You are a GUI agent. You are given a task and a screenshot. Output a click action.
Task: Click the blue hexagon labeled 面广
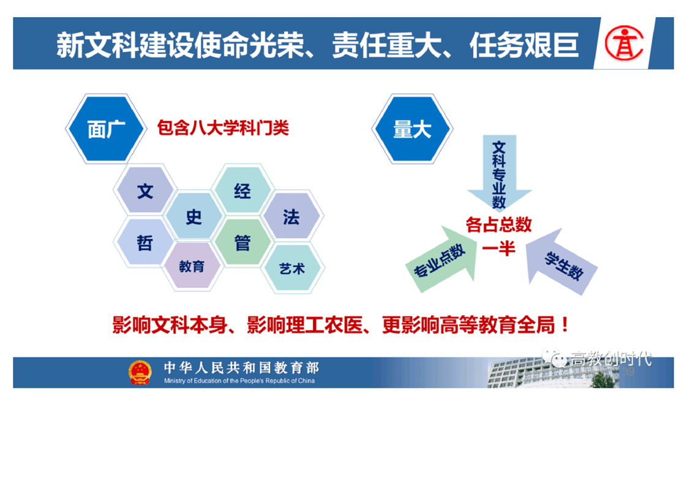point(105,128)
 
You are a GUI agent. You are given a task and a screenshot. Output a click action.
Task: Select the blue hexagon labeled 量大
point(412,128)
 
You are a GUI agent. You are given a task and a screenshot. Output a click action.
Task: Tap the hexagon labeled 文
point(145,191)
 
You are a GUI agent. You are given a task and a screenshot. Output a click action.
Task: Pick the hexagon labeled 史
point(193,217)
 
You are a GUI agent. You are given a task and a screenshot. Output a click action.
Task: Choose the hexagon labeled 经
point(242,190)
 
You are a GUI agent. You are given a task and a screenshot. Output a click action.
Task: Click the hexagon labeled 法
point(291,217)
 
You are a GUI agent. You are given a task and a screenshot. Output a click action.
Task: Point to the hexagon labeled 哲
point(145,242)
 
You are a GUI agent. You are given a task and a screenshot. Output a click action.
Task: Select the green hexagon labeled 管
point(242,242)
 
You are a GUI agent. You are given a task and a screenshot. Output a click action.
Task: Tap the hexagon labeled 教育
point(192,265)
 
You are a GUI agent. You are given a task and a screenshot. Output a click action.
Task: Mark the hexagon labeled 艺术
point(292,268)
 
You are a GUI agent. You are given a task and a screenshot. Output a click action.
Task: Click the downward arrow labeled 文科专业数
point(499,174)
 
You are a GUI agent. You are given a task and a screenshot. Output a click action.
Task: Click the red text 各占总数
point(498,225)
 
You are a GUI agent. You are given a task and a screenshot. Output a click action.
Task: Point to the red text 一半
point(498,249)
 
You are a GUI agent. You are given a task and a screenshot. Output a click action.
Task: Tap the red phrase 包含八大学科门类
point(223,128)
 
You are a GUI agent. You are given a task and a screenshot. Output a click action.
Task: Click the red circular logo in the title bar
point(624,43)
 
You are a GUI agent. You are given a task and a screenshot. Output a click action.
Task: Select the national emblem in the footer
point(140,372)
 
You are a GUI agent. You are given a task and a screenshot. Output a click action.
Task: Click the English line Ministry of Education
point(239,381)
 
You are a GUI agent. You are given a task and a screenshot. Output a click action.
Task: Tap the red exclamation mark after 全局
point(565,325)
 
